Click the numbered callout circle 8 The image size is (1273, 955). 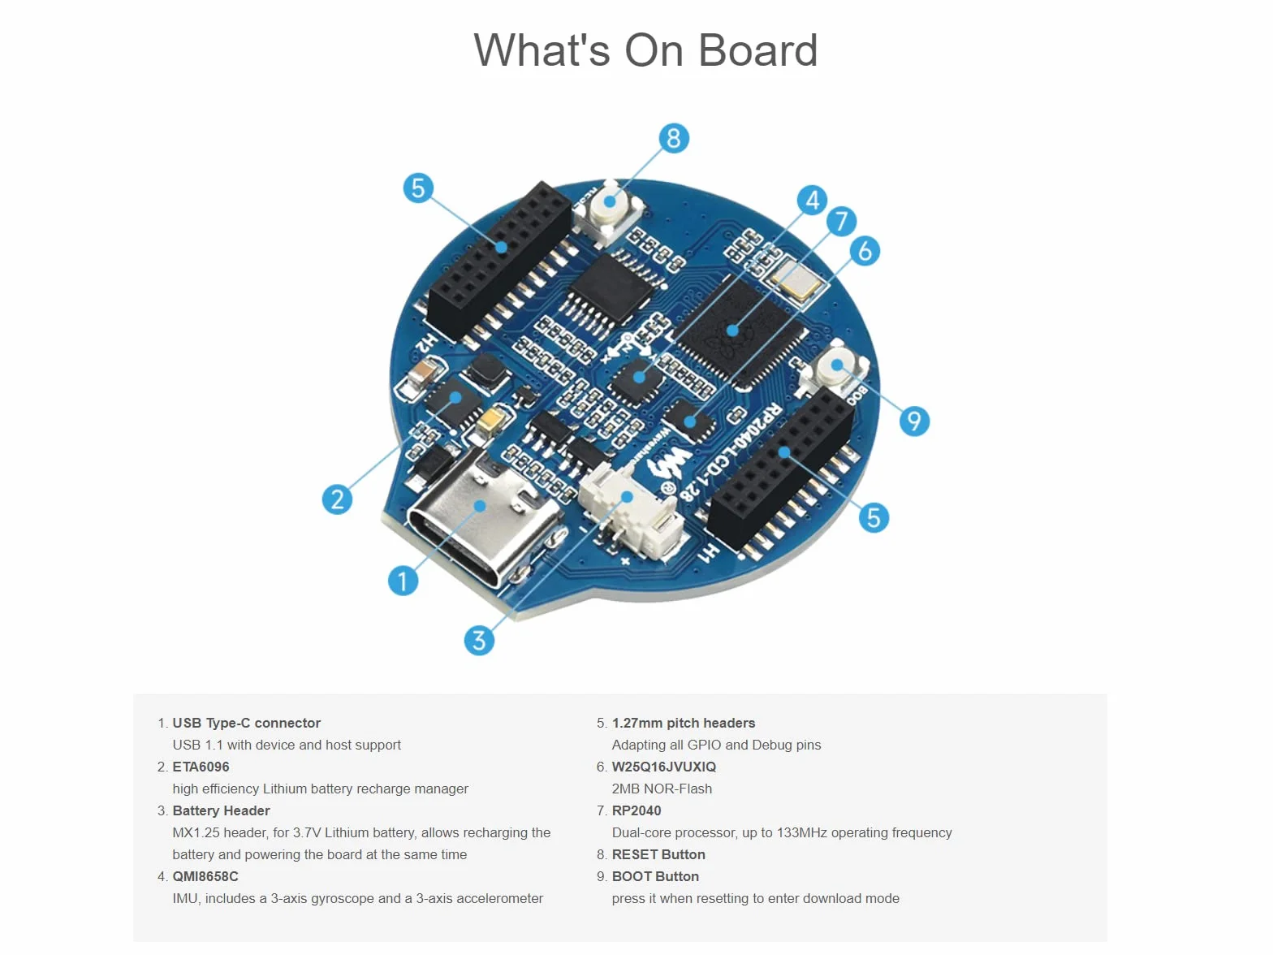(x=673, y=138)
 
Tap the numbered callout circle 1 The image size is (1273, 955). (x=403, y=581)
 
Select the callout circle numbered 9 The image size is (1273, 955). (x=914, y=421)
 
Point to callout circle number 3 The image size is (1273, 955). (x=479, y=640)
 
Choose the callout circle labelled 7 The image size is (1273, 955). (x=841, y=221)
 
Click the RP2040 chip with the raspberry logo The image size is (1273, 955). (x=736, y=331)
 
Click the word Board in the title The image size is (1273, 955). (x=758, y=50)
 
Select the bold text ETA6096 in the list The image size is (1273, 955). (x=201, y=767)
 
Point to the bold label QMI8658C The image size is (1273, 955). (x=205, y=876)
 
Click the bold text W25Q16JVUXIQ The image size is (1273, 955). (x=663, y=767)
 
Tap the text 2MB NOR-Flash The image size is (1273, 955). (x=662, y=789)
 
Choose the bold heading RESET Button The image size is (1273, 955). (x=658, y=854)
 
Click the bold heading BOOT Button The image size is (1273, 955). (x=655, y=876)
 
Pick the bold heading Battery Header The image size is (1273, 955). (x=221, y=810)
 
